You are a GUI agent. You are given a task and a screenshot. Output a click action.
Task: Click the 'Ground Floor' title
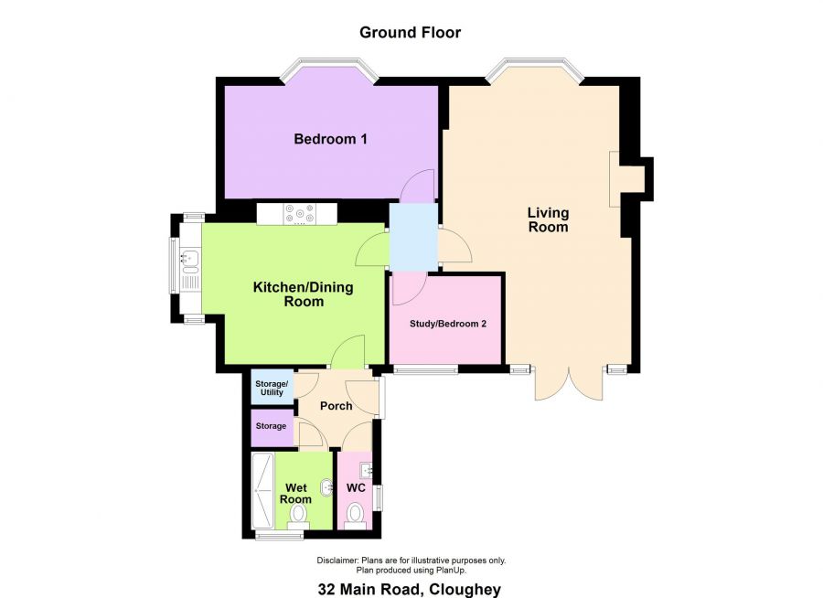pyautogui.click(x=410, y=33)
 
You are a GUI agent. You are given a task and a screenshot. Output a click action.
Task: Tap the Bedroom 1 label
pyautogui.click(x=330, y=139)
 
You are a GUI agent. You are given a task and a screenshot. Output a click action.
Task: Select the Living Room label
pyautogui.click(x=548, y=219)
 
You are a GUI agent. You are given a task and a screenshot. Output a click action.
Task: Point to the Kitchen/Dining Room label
pyautogui.click(x=303, y=294)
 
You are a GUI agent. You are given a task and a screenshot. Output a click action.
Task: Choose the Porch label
pyautogui.click(x=336, y=406)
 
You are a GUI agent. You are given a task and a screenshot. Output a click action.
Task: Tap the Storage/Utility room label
pyautogui.click(x=272, y=388)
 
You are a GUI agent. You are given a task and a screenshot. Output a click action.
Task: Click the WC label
pyautogui.click(x=356, y=487)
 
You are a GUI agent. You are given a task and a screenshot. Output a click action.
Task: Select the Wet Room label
pyautogui.click(x=295, y=493)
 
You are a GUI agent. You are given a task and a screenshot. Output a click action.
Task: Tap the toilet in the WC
pyautogui.click(x=356, y=515)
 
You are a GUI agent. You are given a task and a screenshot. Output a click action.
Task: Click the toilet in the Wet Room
pyautogui.click(x=297, y=518)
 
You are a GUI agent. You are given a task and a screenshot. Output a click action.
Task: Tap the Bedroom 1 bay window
pyautogui.click(x=328, y=69)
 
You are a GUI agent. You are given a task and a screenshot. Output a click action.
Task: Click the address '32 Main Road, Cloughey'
pyautogui.click(x=410, y=590)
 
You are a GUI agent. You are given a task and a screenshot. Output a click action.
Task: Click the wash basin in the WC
pyautogui.click(x=367, y=471)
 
